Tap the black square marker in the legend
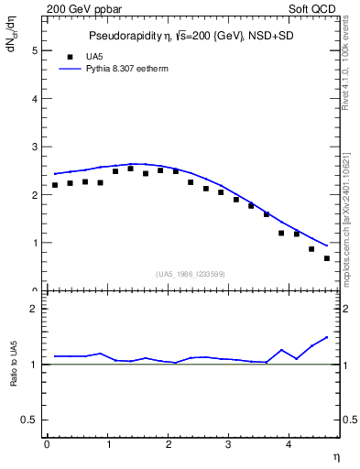pos(70,57)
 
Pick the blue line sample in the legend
pos(70,69)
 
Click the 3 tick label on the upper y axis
pos(35,147)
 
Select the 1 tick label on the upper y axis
pos(35,243)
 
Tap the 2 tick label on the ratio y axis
pos(35,309)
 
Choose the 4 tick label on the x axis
pos(289,445)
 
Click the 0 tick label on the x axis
pos(47,445)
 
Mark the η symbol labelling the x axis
pos(335,456)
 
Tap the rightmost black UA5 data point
pos(327,258)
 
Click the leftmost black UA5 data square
pos(55,185)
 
